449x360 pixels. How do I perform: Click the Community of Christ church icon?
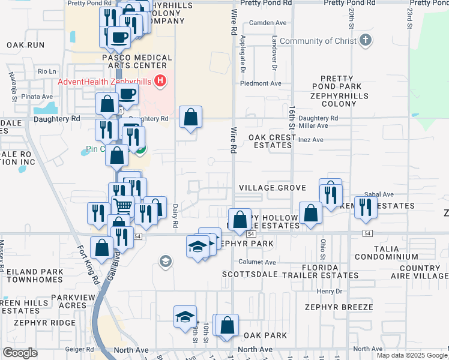[366, 41]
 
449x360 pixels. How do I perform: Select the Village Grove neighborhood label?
[273, 188]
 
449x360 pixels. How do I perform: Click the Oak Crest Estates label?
[273, 141]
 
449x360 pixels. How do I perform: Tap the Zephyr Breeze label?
[339, 307]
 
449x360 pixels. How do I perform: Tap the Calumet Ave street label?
[258, 262]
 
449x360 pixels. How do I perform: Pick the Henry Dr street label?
[329, 291]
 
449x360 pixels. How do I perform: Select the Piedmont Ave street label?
[261, 83]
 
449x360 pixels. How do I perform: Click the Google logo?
[20, 353]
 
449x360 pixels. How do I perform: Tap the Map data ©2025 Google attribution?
[411, 355]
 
